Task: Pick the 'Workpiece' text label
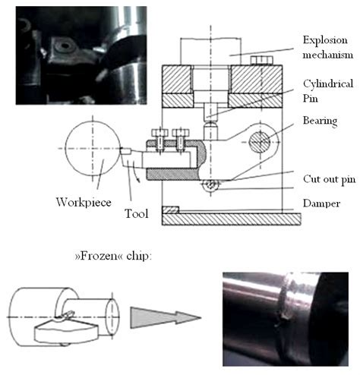81,201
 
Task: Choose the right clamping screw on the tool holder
181,137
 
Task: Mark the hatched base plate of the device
228,219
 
